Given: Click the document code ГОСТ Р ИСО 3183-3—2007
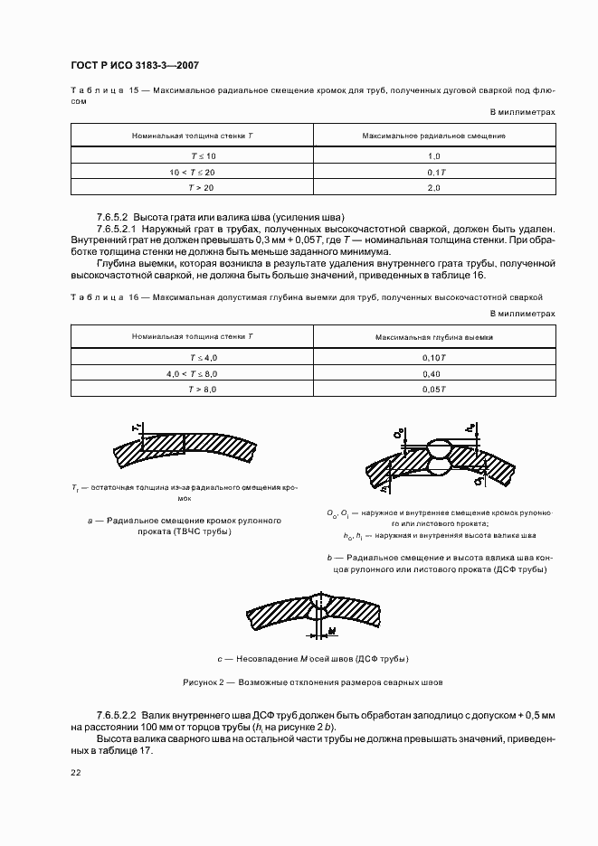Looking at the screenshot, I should (x=135, y=66).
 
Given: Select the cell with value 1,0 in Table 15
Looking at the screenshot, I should (x=432, y=155).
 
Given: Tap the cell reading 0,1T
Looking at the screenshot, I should (x=432, y=172).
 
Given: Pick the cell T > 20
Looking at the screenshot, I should (x=192, y=188).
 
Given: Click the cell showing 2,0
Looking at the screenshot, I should (x=432, y=188).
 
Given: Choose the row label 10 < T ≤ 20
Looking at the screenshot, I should (x=192, y=172).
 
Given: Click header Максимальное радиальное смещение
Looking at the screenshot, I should (x=432, y=135).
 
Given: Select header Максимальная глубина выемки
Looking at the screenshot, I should (x=434, y=336).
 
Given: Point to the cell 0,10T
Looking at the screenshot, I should (x=434, y=357).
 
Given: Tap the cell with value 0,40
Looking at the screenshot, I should (x=434, y=373).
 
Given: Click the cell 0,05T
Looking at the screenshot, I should (x=434, y=390).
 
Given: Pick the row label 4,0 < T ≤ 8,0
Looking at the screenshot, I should (x=192, y=373).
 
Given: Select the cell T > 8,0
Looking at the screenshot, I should (x=192, y=390).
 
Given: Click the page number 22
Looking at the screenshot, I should (x=76, y=774).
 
